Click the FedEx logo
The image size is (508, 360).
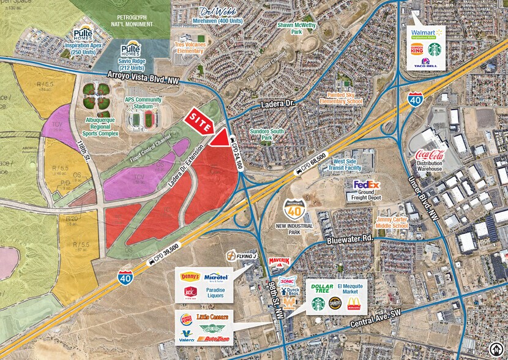tap(367, 184)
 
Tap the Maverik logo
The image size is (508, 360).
tap(278, 261)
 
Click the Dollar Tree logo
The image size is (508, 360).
tap(323, 287)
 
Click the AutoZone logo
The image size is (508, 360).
tap(213, 337)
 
